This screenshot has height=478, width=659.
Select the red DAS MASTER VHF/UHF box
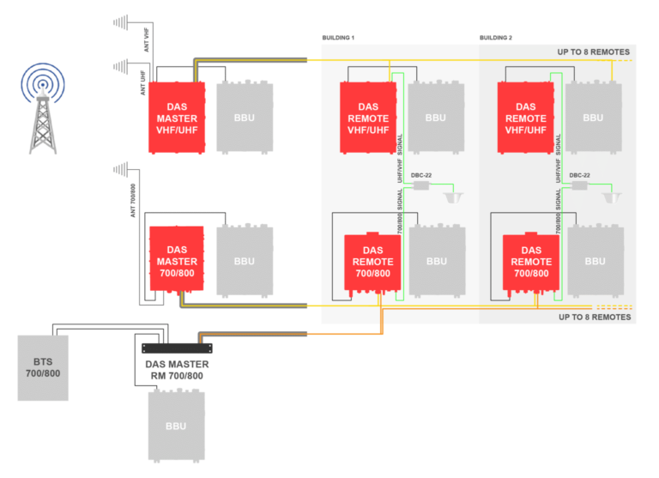pos(177,118)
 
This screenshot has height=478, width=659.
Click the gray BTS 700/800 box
pos(43,367)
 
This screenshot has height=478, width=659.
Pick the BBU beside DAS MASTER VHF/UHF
pos(245,118)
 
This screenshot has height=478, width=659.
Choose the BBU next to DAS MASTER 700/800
pos(245,261)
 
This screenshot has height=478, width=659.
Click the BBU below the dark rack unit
pos(176,426)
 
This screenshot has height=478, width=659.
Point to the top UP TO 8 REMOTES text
pos(594,52)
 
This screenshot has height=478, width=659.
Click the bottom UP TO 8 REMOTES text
pos(594,318)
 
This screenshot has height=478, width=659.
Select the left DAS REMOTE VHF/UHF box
pos(368,118)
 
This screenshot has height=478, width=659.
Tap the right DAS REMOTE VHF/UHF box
pos(526,118)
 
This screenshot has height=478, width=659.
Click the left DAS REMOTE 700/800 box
pos(372,262)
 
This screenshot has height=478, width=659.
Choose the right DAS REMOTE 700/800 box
pos(531,262)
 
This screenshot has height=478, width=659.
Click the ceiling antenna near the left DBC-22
pos(455,198)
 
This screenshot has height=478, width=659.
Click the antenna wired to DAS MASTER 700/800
pos(121,169)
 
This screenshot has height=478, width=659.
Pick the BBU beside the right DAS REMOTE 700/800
pos(595,261)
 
